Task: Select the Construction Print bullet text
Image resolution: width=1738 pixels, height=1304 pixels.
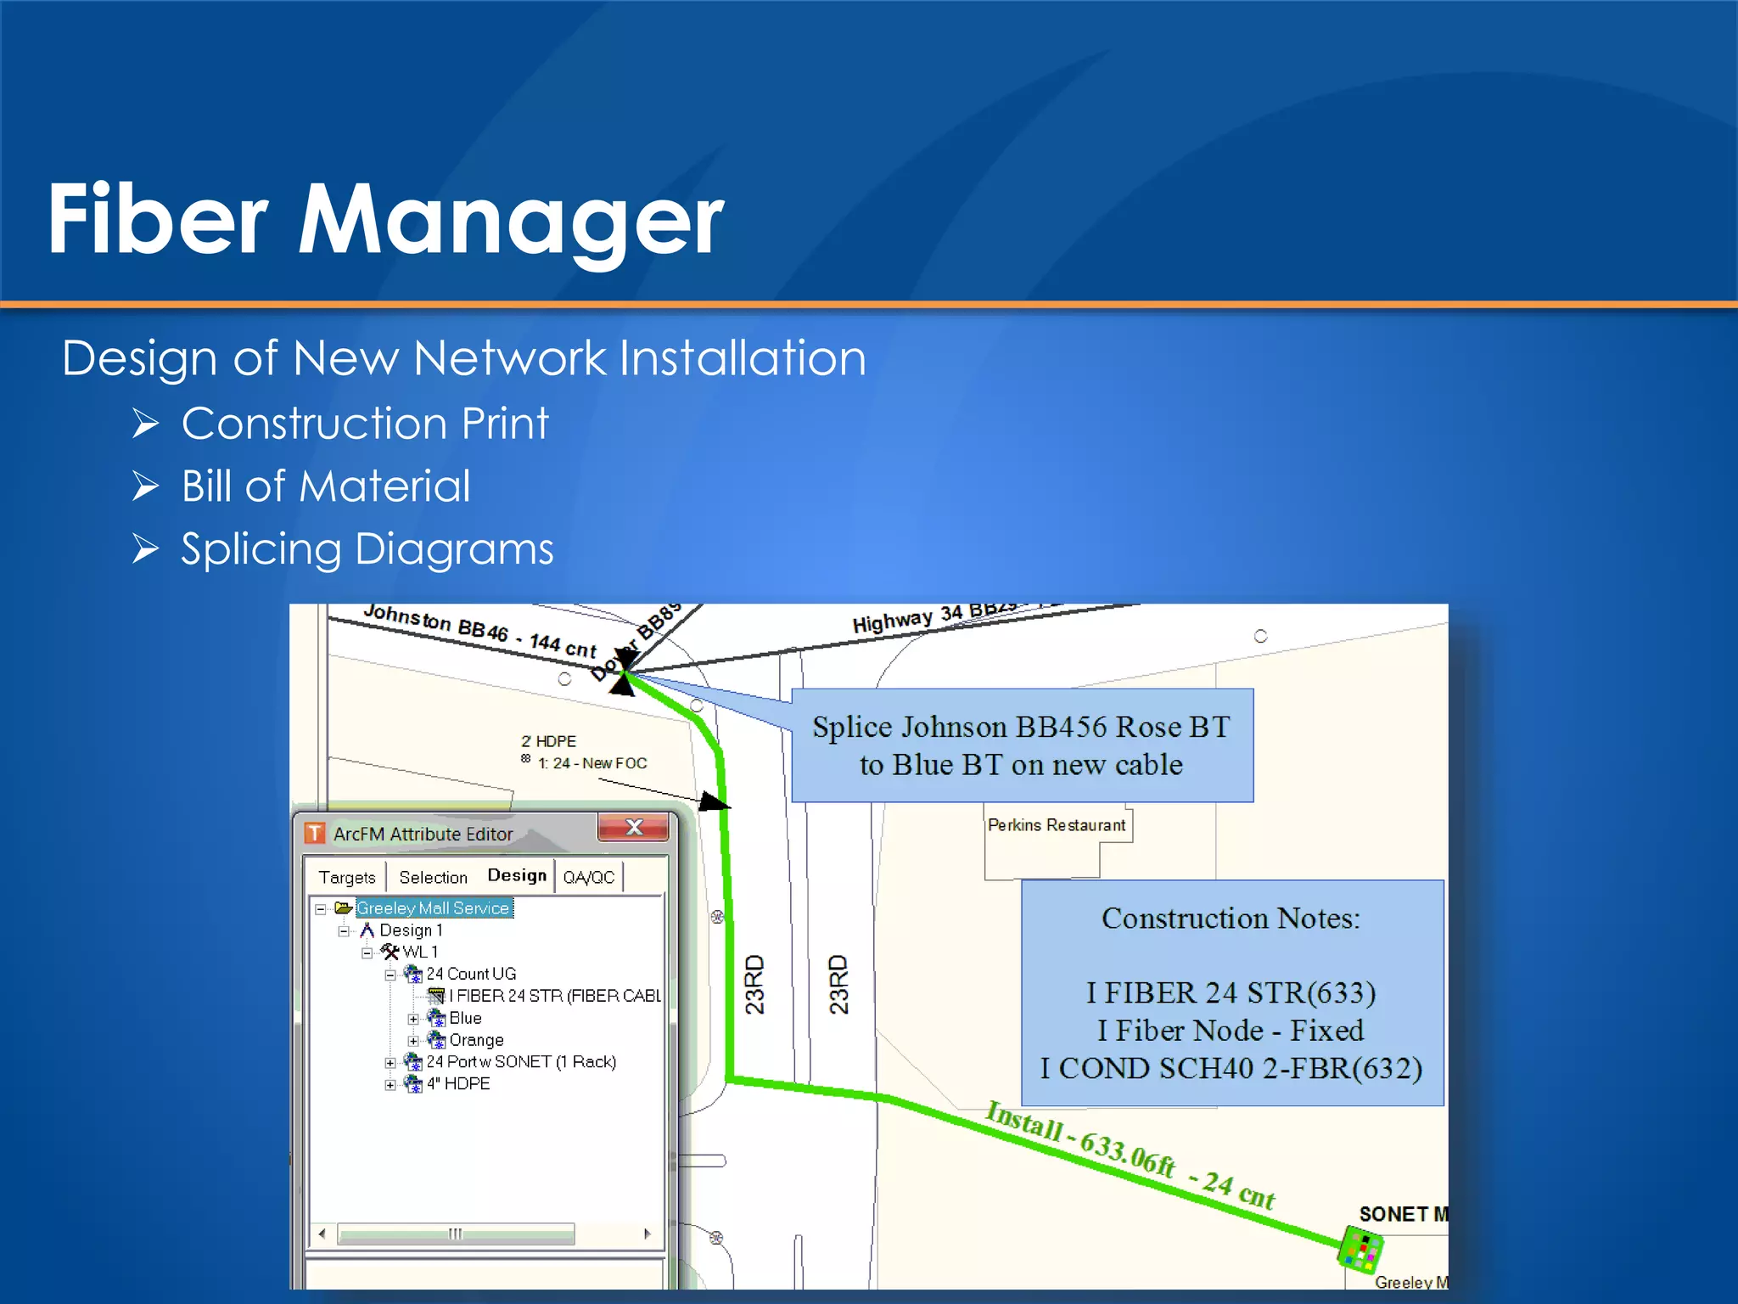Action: point(365,423)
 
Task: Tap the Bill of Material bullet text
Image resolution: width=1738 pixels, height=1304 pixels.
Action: point(326,486)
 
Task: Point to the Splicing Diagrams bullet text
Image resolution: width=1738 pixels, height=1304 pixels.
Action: point(367,549)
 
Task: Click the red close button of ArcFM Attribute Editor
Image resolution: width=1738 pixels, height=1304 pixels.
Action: point(633,828)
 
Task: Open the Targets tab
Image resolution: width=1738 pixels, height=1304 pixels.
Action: point(346,877)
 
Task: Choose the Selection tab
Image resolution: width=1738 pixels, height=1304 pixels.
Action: point(433,877)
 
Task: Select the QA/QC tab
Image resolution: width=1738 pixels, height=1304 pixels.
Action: point(588,877)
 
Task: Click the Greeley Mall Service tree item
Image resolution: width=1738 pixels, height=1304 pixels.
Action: point(433,908)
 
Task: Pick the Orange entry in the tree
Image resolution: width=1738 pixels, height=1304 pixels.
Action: point(476,1040)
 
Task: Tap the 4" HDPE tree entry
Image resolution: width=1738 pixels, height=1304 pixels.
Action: point(458,1084)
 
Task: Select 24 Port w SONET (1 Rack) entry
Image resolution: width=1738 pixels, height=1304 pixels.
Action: point(521,1062)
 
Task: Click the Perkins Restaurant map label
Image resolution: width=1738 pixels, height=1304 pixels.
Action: point(1057,825)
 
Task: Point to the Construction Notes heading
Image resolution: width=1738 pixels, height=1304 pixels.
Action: point(1231,919)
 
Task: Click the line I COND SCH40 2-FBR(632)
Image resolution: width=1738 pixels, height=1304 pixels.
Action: point(1231,1068)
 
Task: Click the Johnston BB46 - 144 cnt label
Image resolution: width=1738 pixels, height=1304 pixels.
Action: point(479,631)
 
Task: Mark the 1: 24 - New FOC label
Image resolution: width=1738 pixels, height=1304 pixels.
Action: point(592,763)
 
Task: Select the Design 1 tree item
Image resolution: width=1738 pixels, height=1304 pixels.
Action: point(411,930)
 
